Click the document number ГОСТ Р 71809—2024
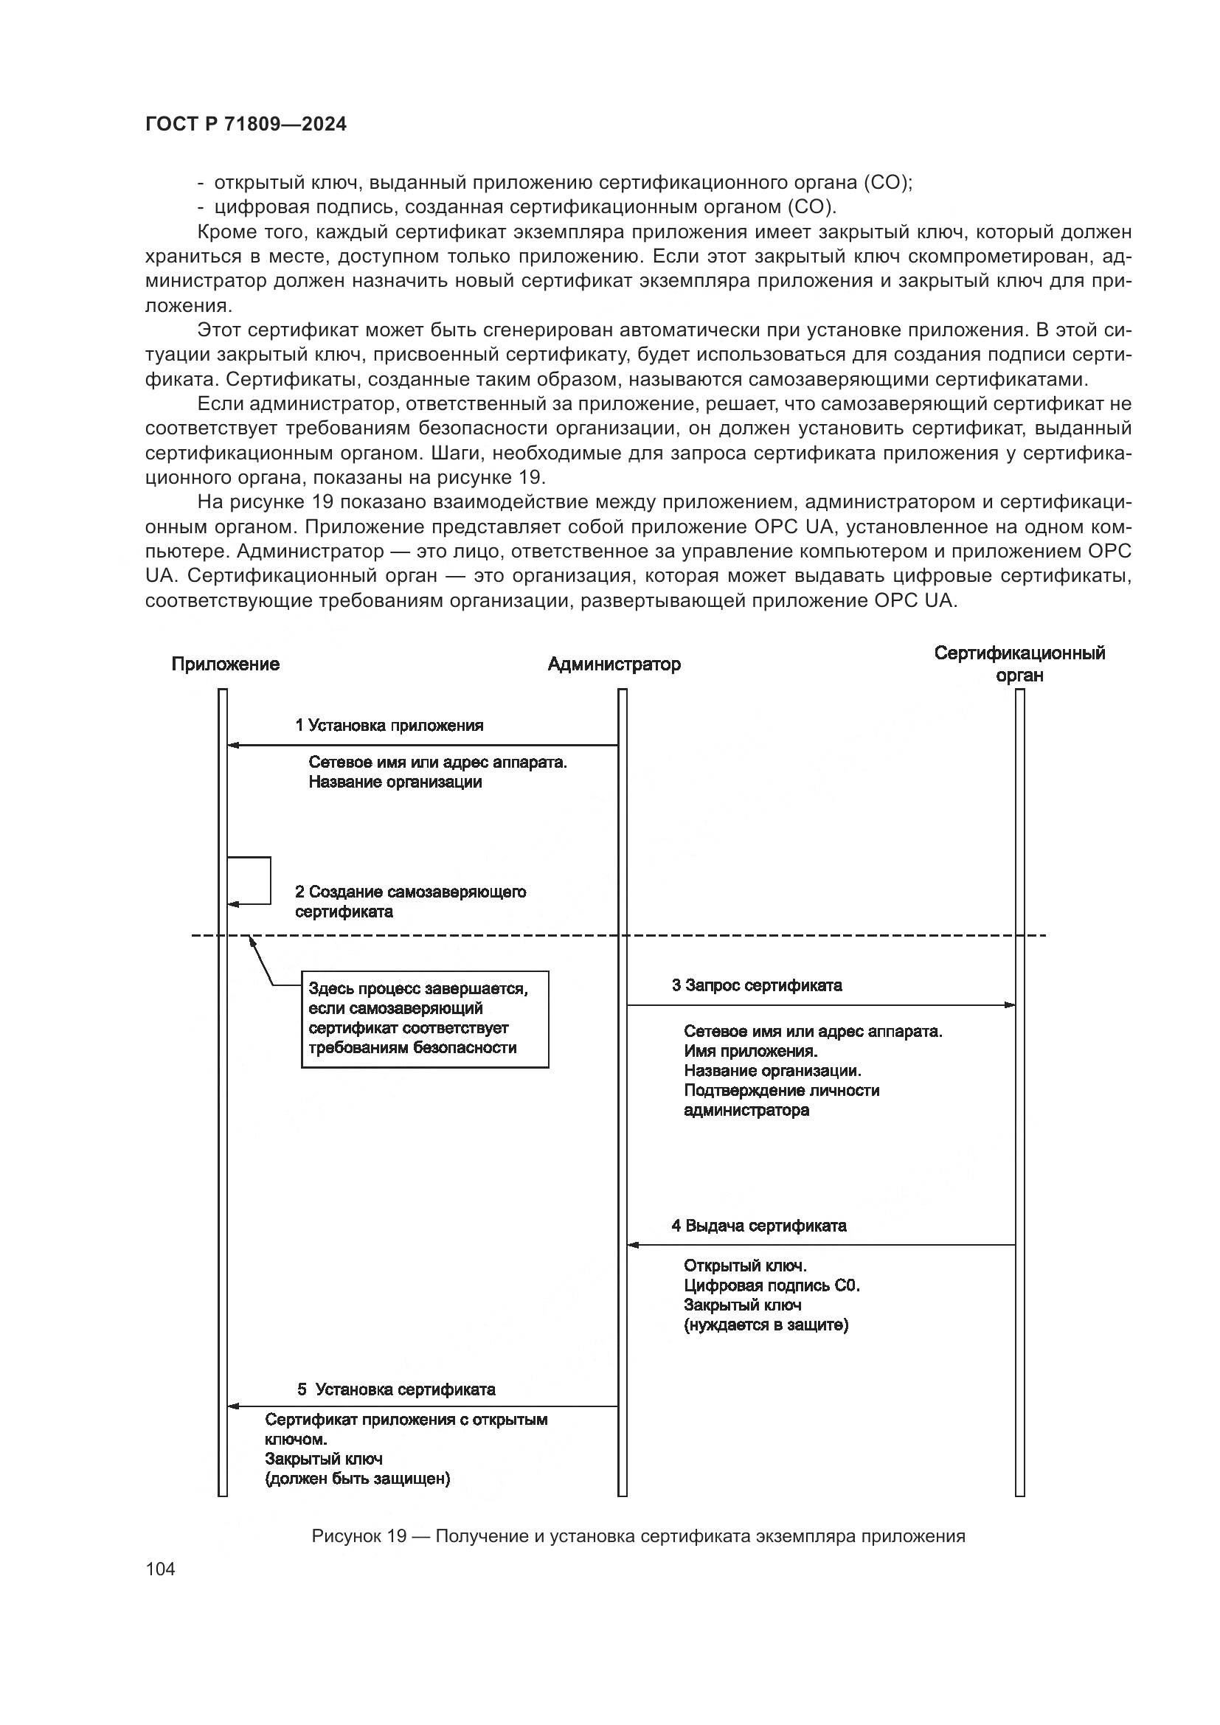pyautogui.click(x=246, y=125)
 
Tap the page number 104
pyautogui.click(x=160, y=1569)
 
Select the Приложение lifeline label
pyautogui.click(x=226, y=664)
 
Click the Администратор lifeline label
pyautogui.click(x=614, y=664)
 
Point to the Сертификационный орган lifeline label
pyautogui.click(x=1019, y=664)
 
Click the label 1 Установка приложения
pyautogui.click(x=389, y=726)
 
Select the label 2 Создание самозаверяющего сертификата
pyautogui.click(x=410, y=901)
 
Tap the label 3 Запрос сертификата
pyautogui.click(x=757, y=985)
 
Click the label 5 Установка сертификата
pyautogui.click(x=397, y=1389)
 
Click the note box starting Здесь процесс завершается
pyautogui.click(x=424, y=1018)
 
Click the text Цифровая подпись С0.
pyautogui.click(x=772, y=1285)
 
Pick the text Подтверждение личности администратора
pyautogui.click(x=781, y=1100)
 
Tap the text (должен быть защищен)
pyautogui.click(x=358, y=1479)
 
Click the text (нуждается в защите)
pyautogui.click(x=766, y=1325)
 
